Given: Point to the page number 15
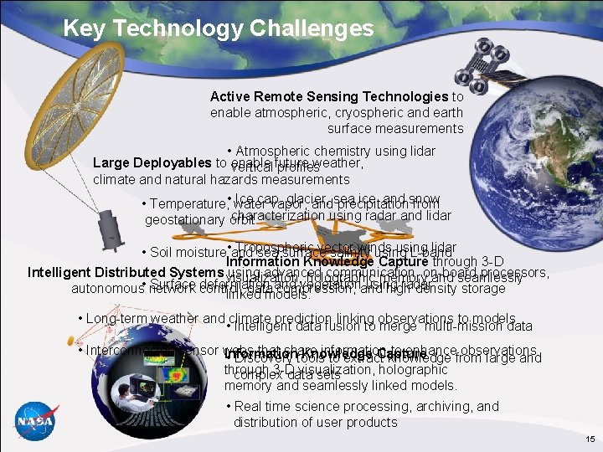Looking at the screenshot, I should pos(590,439).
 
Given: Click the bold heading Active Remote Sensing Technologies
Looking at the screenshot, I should pos(329,97).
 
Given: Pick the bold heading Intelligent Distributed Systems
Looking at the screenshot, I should pos(126,272).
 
